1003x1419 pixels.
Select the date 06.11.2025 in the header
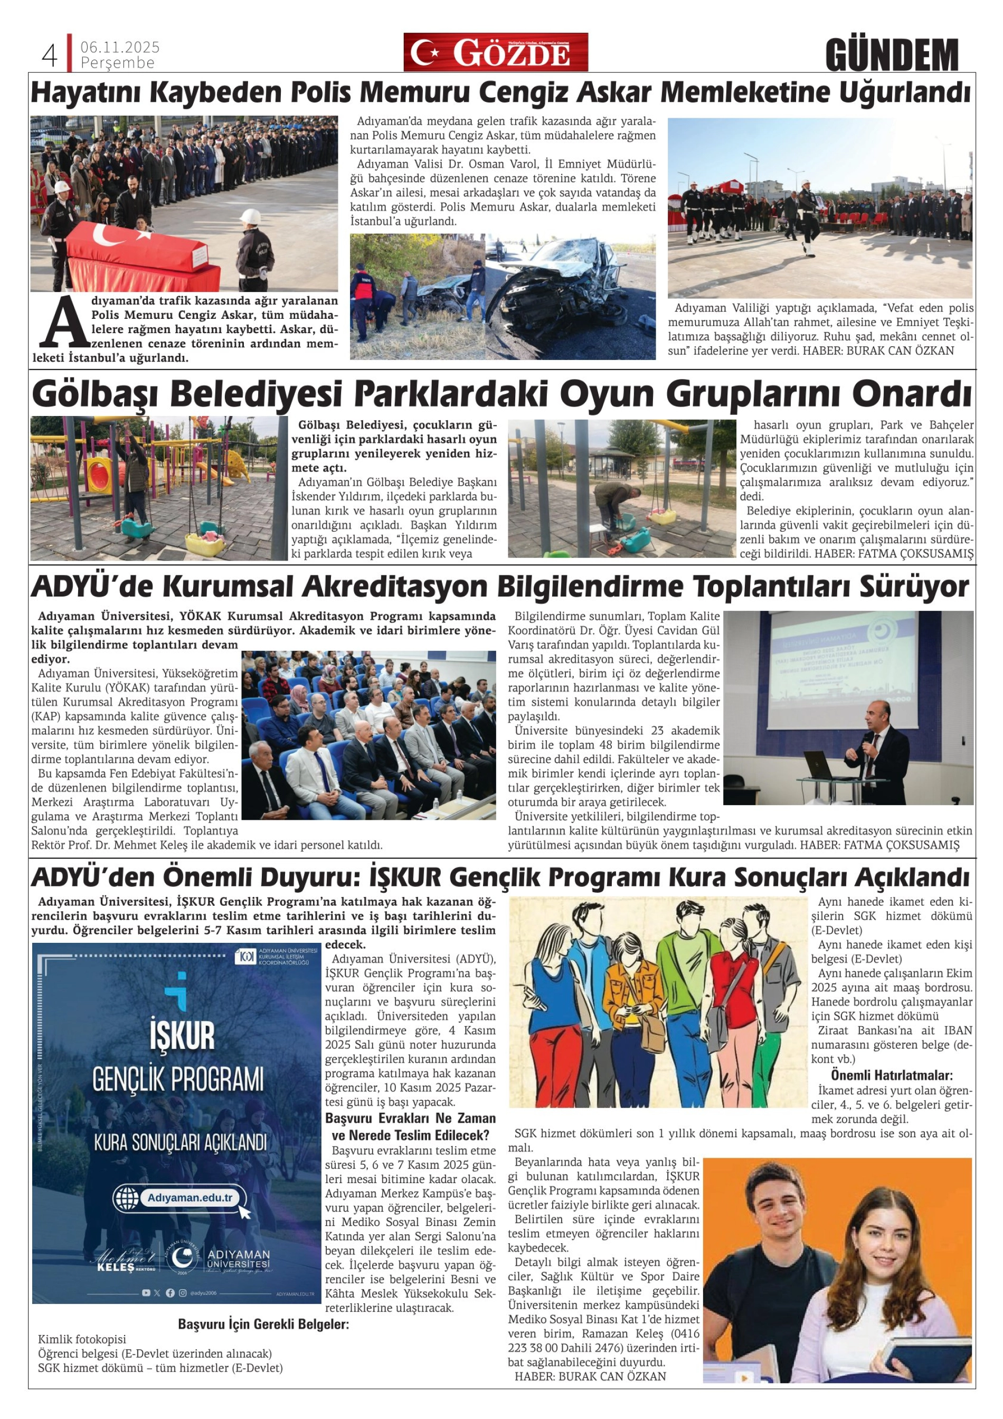(x=120, y=47)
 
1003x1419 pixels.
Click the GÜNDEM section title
(x=891, y=55)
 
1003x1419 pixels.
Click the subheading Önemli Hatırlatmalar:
(x=891, y=1075)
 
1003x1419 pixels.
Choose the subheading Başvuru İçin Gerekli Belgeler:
(x=263, y=1324)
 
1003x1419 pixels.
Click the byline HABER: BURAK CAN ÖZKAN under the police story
(x=878, y=351)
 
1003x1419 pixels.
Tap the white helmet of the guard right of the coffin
(x=250, y=216)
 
